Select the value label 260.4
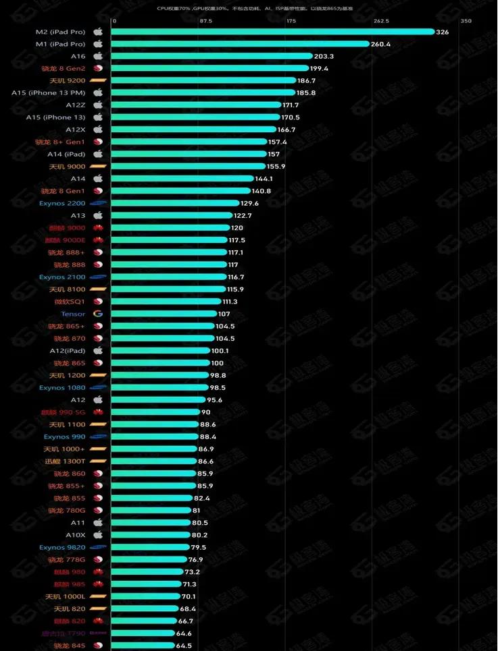coord(380,44)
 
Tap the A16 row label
coord(78,56)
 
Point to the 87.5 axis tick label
coord(206,21)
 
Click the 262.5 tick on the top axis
coord(381,21)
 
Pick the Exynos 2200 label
coord(62,203)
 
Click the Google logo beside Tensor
coord(98,314)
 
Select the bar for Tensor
coord(162,314)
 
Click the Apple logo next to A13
coord(98,215)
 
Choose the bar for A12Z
coord(196,105)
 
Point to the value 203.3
coord(324,56)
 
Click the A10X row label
coord(75,535)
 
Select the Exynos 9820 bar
coord(149,547)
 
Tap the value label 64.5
coord(184,646)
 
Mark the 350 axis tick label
coord(466,21)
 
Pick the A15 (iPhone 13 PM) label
coord(48,92)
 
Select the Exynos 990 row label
coord(65,436)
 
